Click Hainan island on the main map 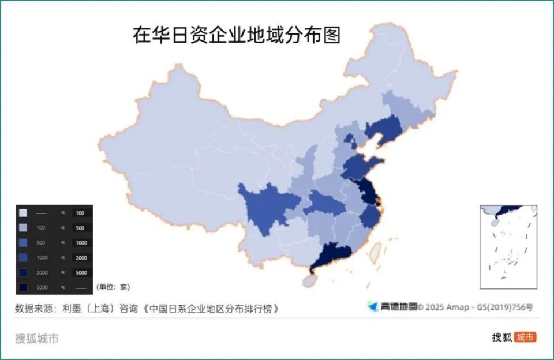click(310, 281)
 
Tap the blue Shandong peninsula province click(361, 166)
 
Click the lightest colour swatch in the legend click(23, 213)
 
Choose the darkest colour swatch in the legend click(23, 287)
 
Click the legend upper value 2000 click(80, 257)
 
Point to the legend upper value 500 click(80, 228)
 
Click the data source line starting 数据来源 click(148, 308)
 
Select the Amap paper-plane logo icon click(373, 306)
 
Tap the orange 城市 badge click(525, 337)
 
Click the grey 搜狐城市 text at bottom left click(37, 338)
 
